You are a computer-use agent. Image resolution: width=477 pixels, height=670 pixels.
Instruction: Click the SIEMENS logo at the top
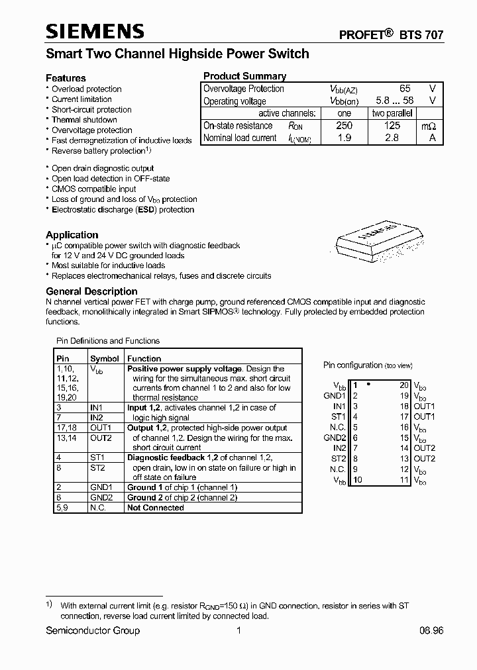[95, 31]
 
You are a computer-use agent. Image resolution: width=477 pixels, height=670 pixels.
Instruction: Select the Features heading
[66, 77]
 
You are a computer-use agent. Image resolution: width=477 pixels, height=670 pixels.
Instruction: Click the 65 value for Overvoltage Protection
[405, 89]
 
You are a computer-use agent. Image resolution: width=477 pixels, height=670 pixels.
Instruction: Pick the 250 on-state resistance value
[344, 125]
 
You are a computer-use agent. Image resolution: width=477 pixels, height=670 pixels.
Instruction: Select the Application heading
[72, 234]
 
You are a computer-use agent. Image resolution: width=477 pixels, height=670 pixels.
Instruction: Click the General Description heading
[91, 291]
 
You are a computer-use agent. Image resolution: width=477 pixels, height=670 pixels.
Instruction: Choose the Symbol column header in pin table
[104, 358]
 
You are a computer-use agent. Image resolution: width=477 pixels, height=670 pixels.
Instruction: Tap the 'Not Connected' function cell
[155, 508]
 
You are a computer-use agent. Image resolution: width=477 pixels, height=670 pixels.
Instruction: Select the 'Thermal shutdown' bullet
[84, 120]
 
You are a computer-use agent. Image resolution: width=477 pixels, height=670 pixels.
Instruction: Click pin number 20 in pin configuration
[403, 385]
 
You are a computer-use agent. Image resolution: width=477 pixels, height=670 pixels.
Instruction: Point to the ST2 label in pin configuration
[339, 459]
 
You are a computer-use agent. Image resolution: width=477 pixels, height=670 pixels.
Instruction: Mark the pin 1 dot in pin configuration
[368, 384]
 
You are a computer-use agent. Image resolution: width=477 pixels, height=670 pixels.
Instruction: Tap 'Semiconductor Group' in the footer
[93, 630]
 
